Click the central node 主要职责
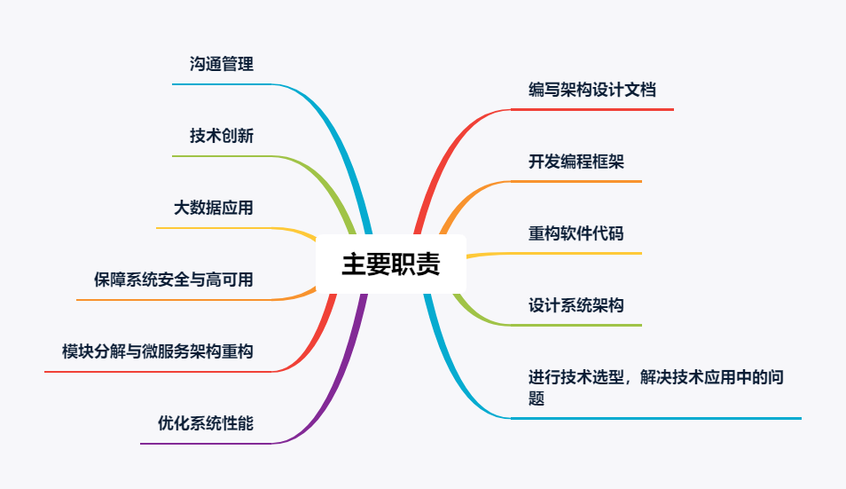coord(391,264)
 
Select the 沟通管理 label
coord(222,64)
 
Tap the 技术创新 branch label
coord(222,136)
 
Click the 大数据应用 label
coord(214,208)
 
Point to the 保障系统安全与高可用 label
coord(174,280)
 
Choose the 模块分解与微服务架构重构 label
coord(158,351)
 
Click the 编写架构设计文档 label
coord(592,90)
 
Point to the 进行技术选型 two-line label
coord(655,387)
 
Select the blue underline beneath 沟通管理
coord(222,84)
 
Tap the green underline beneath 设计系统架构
coord(576,325)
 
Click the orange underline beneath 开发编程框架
coord(576,181)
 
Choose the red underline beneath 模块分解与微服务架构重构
coord(160,371)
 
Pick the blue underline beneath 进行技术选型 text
coord(656,417)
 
